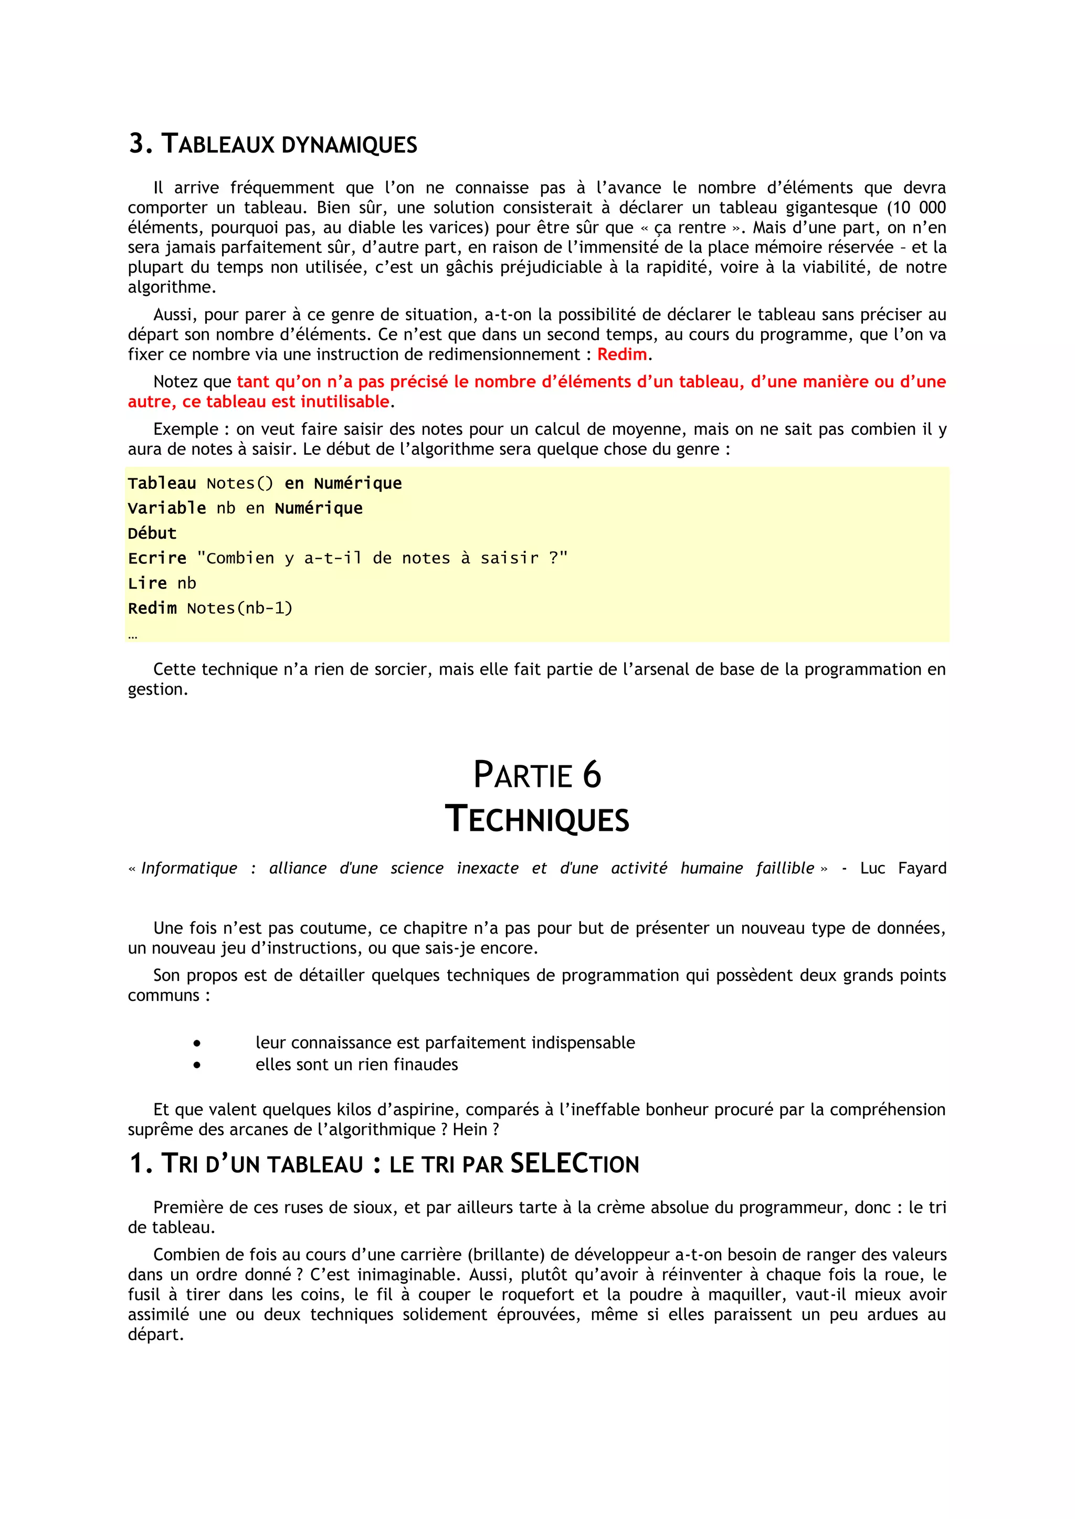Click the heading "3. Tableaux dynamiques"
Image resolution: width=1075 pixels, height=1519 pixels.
(x=273, y=144)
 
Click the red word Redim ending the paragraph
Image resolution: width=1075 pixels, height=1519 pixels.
(x=621, y=355)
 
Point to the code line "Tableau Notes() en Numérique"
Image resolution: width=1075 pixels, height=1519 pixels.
(x=265, y=484)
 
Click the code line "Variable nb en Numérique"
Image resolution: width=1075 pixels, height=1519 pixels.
(x=245, y=509)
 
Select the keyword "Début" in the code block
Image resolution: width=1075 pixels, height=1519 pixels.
(x=152, y=534)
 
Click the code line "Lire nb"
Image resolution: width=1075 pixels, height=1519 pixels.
(x=162, y=583)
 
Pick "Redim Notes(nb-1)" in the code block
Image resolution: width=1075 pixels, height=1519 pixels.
(x=210, y=608)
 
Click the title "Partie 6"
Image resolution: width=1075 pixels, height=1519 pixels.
(x=537, y=775)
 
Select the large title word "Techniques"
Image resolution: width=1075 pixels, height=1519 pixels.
(x=537, y=819)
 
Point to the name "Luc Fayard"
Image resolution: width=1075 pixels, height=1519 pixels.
(x=903, y=869)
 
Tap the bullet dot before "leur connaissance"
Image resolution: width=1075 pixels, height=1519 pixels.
(x=197, y=1043)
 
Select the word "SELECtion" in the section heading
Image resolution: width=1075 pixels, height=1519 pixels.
(x=575, y=1164)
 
